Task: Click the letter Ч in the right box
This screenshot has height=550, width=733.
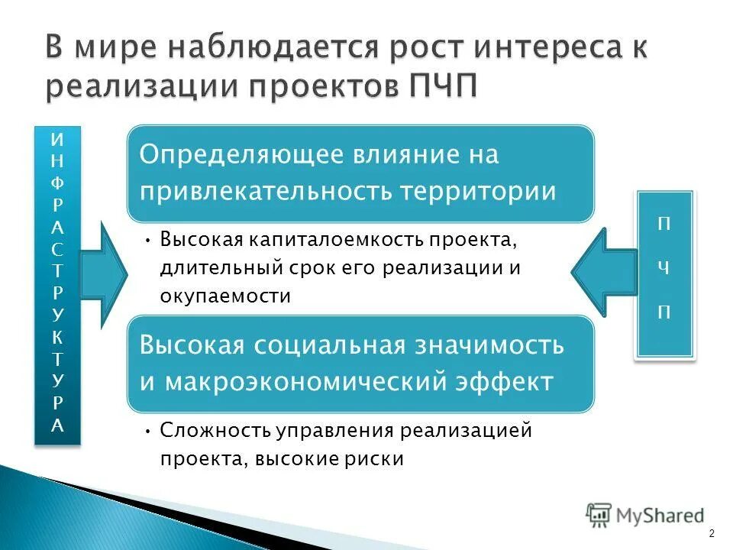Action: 666,268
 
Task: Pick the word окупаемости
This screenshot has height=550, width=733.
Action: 225,296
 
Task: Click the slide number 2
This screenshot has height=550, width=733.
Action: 712,532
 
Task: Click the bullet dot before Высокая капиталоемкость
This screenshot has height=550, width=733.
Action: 147,241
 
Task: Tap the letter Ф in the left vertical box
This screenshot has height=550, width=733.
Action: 58,183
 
